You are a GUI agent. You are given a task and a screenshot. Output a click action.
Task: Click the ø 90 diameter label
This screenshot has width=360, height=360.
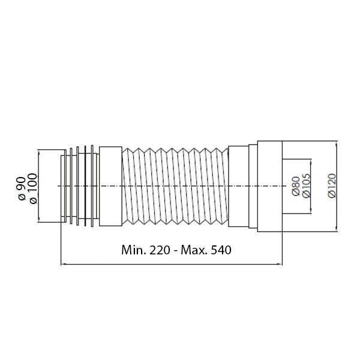(22, 188)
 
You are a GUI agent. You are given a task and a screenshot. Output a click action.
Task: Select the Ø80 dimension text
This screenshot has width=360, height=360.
(296, 186)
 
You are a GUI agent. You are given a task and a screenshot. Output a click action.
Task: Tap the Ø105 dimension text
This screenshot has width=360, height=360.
(307, 186)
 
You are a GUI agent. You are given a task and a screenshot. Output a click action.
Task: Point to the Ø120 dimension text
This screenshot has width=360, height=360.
(332, 186)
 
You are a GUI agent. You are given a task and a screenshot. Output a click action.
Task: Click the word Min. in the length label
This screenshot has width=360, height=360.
(134, 250)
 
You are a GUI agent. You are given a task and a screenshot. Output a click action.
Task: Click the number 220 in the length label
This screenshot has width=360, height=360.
(160, 250)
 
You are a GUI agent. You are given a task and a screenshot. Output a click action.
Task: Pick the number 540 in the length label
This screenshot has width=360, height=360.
(221, 250)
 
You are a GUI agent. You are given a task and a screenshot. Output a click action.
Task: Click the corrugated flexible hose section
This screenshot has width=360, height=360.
(175, 186)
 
